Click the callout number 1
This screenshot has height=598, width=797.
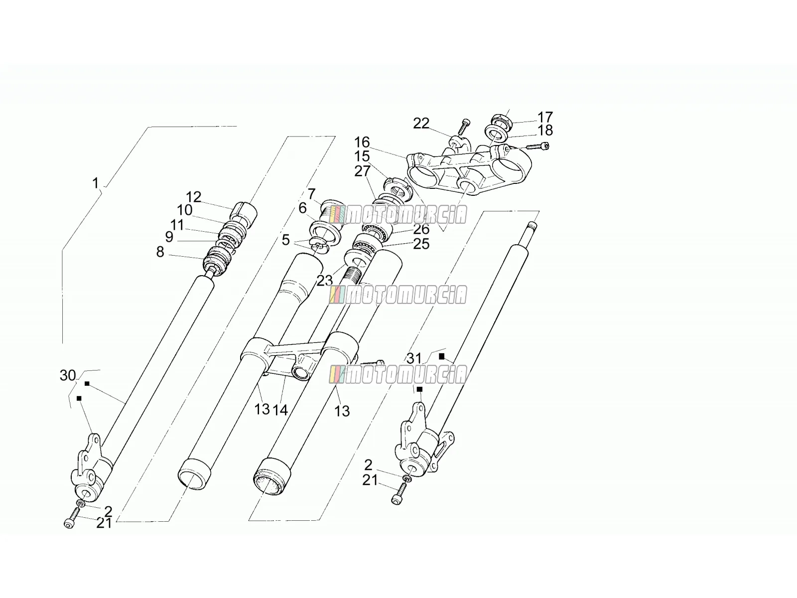[x=96, y=183]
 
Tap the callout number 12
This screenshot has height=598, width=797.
[x=194, y=197]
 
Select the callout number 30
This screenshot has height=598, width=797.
[x=68, y=375]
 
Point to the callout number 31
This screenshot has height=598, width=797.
[x=414, y=359]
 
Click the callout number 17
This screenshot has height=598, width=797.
[x=545, y=117]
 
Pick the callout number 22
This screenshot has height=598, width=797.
[x=421, y=124]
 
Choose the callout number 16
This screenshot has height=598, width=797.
[x=362, y=142]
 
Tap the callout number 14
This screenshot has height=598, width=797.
[x=280, y=410]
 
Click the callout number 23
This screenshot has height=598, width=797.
[x=325, y=280]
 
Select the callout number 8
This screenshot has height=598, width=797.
[x=160, y=252]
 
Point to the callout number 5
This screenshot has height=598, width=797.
[x=286, y=240]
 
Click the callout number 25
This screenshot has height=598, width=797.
[x=421, y=244]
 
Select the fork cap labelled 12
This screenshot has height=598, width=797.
[x=245, y=213]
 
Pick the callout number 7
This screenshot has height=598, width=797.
[x=311, y=194]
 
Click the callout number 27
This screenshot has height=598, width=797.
[x=362, y=171]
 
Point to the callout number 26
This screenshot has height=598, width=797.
[x=421, y=229]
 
